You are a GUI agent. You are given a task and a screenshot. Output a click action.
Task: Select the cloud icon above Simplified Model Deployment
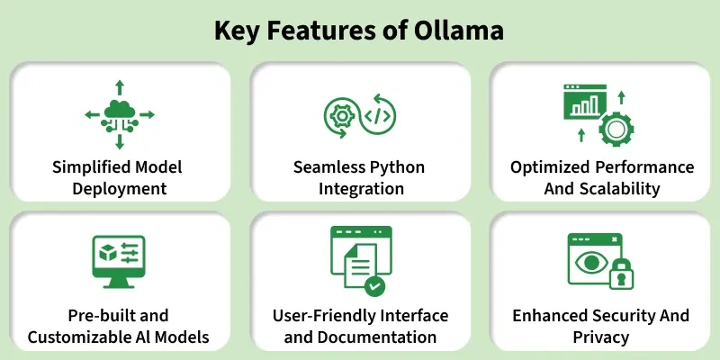click(x=120, y=111)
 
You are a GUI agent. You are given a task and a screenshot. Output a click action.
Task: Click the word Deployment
click(x=120, y=188)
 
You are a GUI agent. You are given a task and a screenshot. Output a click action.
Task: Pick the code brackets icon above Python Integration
click(x=378, y=115)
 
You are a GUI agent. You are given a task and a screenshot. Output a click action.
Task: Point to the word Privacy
click(x=600, y=337)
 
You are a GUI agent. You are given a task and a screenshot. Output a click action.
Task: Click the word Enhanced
click(x=550, y=316)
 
